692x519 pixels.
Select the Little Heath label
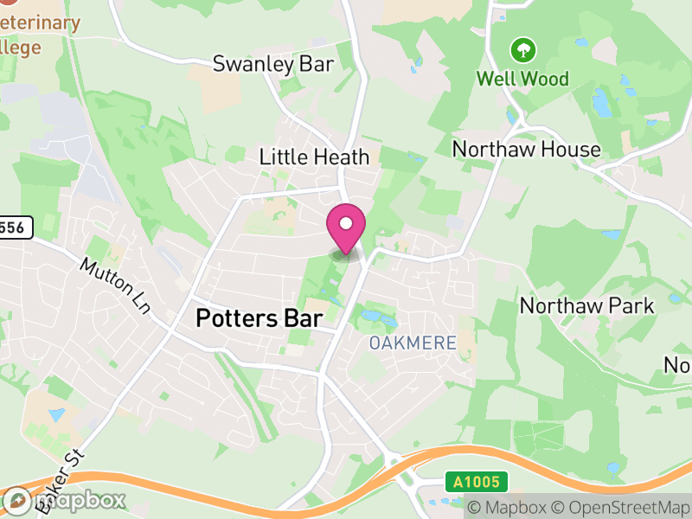pyautogui.click(x=315, y=157)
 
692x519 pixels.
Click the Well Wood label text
pyautogui.click(x=523, y=80)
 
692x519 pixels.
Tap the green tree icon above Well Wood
pyautogui.click(x=522, y=49)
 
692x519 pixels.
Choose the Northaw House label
pyautogui.click(x=526, y=149)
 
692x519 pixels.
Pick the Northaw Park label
pyautogui.click(x=586, y=305)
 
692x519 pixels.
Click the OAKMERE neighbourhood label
pyautogui.click(x=413, y=343)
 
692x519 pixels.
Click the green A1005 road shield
pyautogui.click(x=477, y=482)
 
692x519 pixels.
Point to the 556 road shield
pyautogui.click(x=15, y=228)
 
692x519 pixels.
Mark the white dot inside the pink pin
pyautogui.click(x=346, y=224)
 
